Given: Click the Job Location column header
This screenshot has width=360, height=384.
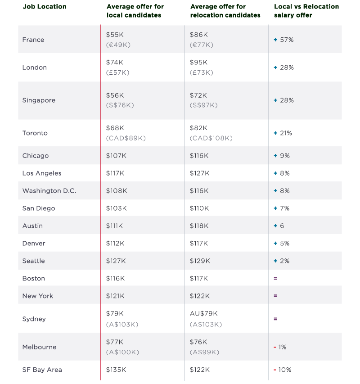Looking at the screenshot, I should click(44, 7).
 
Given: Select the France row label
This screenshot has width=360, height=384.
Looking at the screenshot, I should click(33, 40).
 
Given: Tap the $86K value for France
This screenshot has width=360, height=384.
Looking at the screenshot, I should click(199, 35).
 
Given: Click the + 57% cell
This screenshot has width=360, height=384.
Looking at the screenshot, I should click(283, 40).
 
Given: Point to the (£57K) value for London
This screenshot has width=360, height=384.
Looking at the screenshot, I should click(117, 72).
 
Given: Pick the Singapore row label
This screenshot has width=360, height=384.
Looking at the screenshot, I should click(39, 100).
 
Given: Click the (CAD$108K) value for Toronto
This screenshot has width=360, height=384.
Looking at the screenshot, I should click(211, 138).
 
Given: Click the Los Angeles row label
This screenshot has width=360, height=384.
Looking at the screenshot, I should click(42, 173).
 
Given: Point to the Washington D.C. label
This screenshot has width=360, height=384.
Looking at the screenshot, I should click(49, 191).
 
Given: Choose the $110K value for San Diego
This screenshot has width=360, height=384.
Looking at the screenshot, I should click(199, 208).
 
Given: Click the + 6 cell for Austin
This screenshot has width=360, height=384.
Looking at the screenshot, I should click(279, 226).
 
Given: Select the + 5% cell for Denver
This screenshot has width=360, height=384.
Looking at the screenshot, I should click(282, 244).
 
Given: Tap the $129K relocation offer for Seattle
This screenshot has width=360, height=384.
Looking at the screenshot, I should click(200, 261).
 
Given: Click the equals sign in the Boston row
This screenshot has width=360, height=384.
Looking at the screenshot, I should click(275, 279).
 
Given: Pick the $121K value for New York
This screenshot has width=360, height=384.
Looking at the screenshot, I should click(115, 296).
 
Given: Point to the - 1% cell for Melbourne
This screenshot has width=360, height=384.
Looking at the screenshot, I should click(280, 347).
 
